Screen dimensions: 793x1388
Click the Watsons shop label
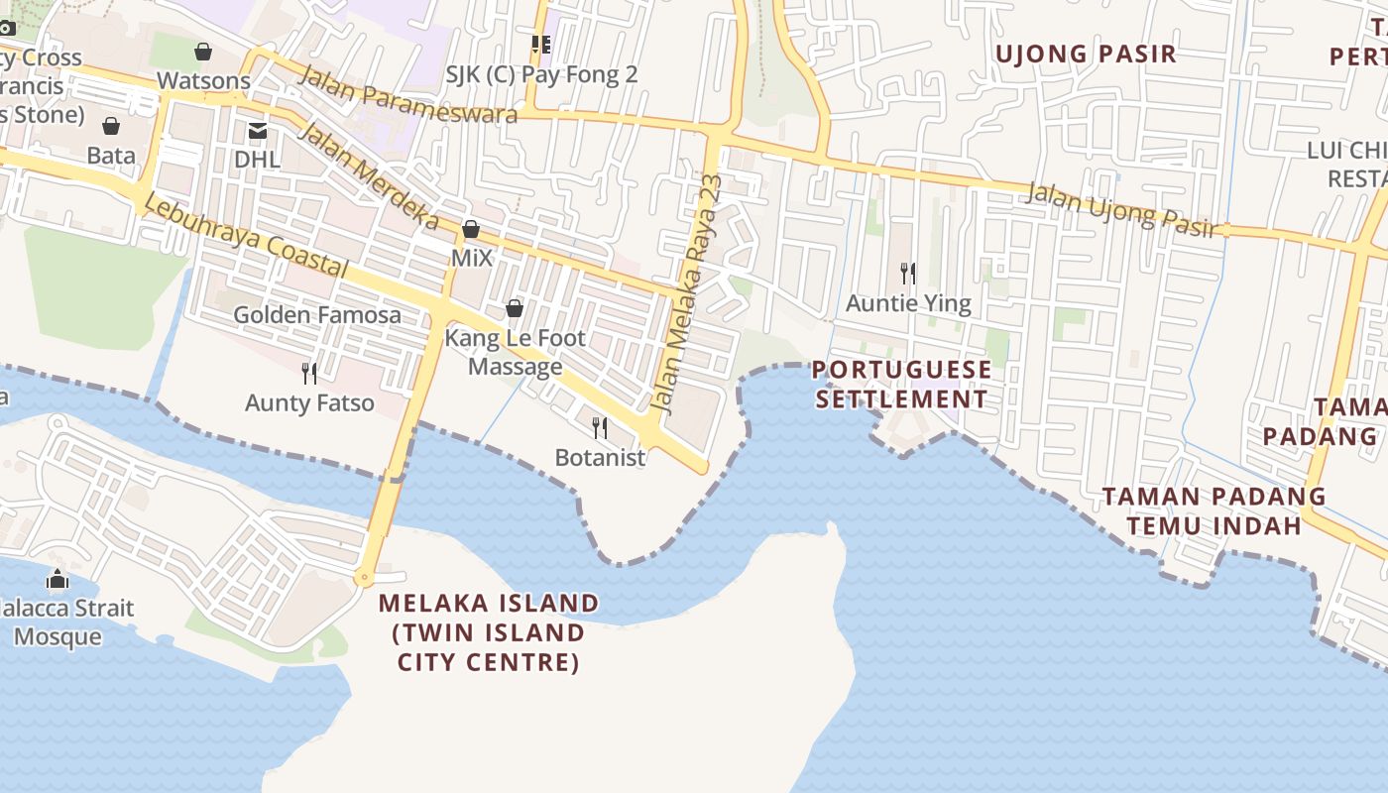point(203,80)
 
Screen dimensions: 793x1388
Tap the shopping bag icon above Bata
point(111,126)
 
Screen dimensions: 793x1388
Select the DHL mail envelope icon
point(258,131)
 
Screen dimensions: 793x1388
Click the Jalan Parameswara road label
point(407,95)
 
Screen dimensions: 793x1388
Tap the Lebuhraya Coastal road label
point(245,236)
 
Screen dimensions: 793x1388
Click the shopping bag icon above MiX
point(471,230)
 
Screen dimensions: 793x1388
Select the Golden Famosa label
point(317,315)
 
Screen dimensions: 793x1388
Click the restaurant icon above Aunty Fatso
point(309,373)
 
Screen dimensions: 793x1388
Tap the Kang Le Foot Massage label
point(515,352)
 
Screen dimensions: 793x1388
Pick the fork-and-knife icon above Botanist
point(600,428)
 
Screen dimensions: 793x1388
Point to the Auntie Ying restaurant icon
point(908,273)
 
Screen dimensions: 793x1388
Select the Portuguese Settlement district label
point(901,385)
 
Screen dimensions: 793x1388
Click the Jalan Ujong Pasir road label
point(1121,209)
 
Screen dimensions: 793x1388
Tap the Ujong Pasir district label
point(1086,54)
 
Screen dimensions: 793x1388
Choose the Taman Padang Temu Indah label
point(1214,510)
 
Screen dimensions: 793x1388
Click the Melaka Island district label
point(489,631)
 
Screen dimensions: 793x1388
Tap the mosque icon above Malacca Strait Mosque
point(58,579)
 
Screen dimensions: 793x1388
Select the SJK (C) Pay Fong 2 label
point(540,74)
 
